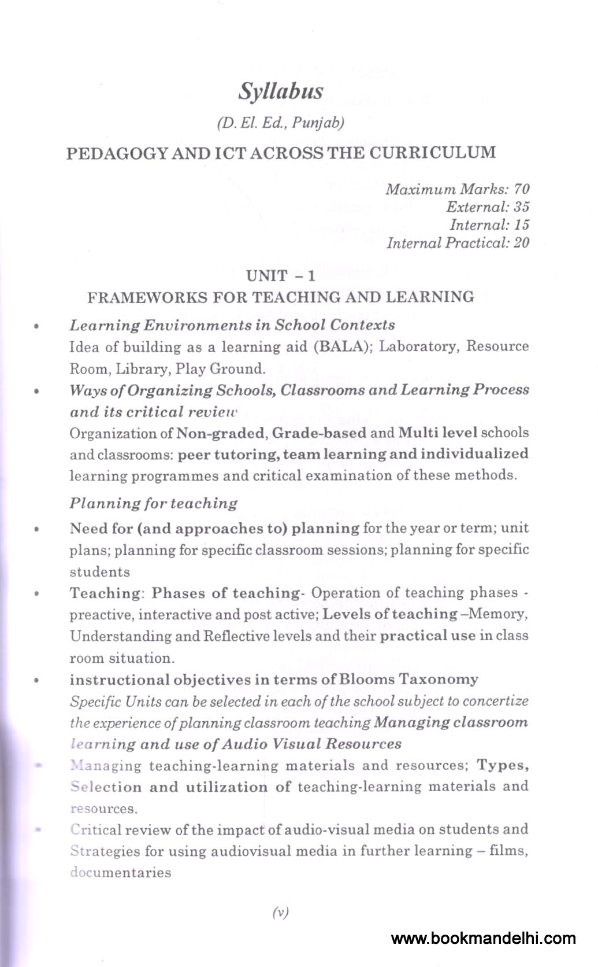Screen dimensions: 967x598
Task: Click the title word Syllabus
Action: (281, 91)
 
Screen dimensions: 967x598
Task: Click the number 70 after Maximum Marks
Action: (521, 189)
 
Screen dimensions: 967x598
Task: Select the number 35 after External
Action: (521, 207)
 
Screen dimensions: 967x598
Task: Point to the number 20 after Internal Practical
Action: (521, 243)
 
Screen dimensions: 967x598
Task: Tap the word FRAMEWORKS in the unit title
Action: (147, 298)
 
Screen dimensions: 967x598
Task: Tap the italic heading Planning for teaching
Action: (154, 503)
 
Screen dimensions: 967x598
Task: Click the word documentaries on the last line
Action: (120, 873)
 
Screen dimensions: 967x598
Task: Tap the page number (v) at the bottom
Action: (280, 913)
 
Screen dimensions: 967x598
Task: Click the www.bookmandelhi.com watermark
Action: (484, 939)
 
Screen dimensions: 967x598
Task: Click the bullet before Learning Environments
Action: (36, 326)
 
